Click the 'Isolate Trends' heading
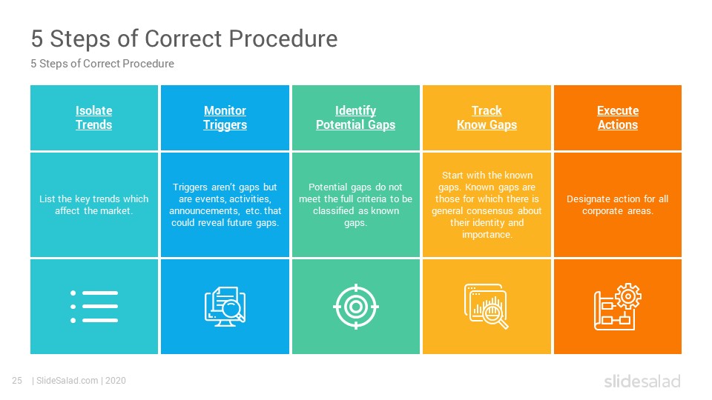[93, 118]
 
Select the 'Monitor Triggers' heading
[225, 118]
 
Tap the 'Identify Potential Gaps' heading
[355, 118]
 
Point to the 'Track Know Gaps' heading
[487, 118]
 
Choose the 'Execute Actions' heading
[618, 118]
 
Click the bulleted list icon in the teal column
[94, 307]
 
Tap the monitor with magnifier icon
[225, 307]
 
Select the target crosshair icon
[355, 307]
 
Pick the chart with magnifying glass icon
[487, 307]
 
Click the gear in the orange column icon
[628, 296]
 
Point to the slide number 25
[17, 381]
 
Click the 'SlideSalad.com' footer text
[67, 381]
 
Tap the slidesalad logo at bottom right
[642, 381]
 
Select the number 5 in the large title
[37, 39]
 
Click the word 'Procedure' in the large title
[283, 39]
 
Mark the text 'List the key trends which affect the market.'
[94, 204]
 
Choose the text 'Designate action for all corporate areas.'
[618, 204]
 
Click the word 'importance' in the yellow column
[487, 235]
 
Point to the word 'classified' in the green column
[333, 211]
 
